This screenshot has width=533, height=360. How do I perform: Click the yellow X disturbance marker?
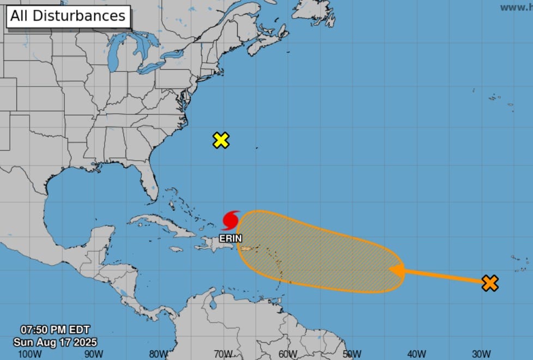point(221,140)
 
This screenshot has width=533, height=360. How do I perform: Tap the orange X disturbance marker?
point(490,283)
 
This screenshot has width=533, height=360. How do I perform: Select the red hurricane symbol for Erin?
point(231,221)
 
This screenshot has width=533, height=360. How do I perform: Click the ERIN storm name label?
point(231,239)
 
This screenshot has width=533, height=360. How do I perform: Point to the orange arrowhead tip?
point(390,269)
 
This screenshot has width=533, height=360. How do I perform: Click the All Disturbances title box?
point(68,16)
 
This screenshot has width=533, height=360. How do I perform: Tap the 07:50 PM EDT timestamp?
point(55,330)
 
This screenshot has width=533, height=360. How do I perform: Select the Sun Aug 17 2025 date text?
point(55,342)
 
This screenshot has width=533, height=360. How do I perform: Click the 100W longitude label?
point(29,354)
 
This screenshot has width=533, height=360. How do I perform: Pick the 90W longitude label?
point(94,354)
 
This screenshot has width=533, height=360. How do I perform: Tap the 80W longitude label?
point(159,354)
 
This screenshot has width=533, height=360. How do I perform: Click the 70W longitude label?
point(223,354)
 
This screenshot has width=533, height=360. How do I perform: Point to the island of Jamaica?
point(175,249)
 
